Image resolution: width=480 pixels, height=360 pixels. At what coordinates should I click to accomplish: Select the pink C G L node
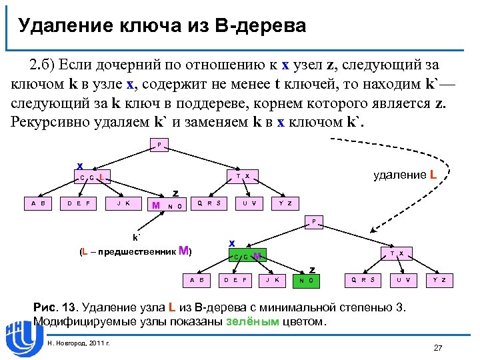coord(91,177)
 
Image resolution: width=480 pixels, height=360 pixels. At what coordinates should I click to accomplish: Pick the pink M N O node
coord(166,205)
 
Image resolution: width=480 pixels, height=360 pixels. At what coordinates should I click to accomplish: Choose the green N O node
coord(307,281)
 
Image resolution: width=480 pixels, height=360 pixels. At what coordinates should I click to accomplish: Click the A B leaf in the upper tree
coord(38,203)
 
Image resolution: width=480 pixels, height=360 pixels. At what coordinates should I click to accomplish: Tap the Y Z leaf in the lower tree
coord(439,280)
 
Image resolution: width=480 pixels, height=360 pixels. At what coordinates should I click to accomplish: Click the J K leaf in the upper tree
coord(123,203)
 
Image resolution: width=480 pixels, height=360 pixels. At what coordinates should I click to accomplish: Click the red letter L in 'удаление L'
coord(433,175)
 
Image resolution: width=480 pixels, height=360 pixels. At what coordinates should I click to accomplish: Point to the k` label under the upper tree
coord(137,237)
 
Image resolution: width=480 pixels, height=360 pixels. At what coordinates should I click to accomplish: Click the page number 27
coord(438,348)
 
